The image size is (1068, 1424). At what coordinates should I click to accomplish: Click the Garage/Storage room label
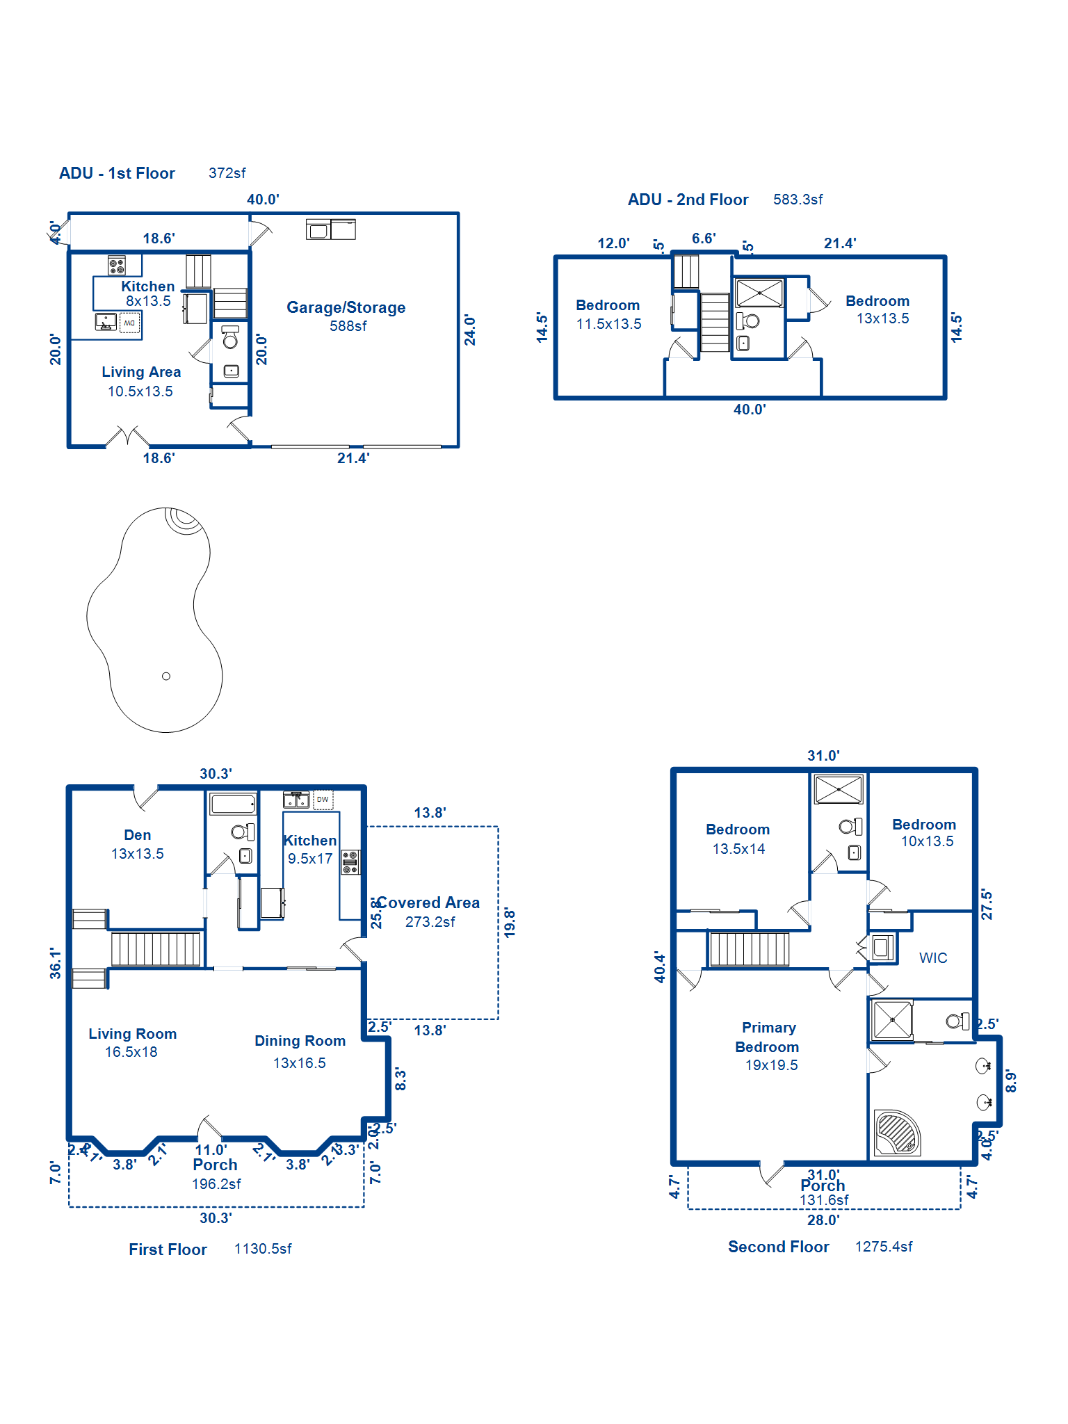346,307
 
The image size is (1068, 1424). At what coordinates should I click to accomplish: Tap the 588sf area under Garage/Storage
348,326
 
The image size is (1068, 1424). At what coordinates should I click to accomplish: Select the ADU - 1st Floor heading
117,173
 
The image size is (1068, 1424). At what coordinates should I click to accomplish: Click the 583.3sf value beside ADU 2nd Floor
798,200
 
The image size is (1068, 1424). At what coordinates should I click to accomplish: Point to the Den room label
137,835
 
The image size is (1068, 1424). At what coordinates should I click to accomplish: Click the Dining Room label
300,1041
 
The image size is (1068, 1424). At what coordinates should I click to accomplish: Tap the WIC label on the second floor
932,958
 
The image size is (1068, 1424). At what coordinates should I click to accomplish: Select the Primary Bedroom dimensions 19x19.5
771,1065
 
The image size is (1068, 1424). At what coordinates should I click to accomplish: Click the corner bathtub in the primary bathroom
897,1133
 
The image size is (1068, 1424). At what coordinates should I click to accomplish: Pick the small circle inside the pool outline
165,676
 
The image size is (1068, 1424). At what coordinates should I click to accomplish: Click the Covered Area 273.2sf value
430,922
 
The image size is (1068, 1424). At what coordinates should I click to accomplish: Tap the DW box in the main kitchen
323,800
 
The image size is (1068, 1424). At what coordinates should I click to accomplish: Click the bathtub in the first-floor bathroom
233,804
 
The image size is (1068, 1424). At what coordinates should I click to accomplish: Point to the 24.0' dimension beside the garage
470,330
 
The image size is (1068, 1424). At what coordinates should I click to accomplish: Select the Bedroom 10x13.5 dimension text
927,841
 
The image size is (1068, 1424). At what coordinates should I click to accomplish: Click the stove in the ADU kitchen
117,265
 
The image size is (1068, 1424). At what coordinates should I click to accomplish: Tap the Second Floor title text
778,1247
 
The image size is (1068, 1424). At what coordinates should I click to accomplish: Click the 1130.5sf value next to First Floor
263,1249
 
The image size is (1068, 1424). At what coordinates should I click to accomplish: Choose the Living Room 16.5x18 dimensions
131,1052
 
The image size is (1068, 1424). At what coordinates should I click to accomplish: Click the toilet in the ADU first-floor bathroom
230,339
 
